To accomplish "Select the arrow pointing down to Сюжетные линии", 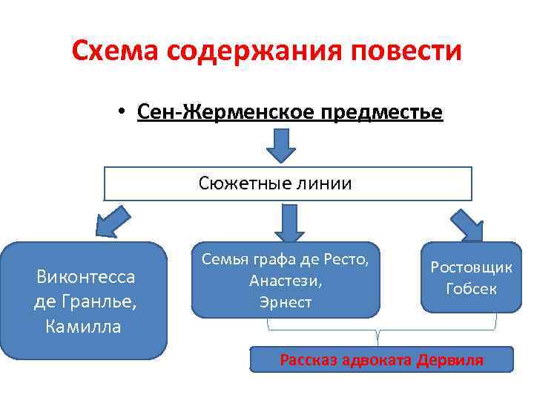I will [x=281, y=146].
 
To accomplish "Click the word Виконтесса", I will [x=86, y=278].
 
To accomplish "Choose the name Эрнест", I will [x=285, y=302].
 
